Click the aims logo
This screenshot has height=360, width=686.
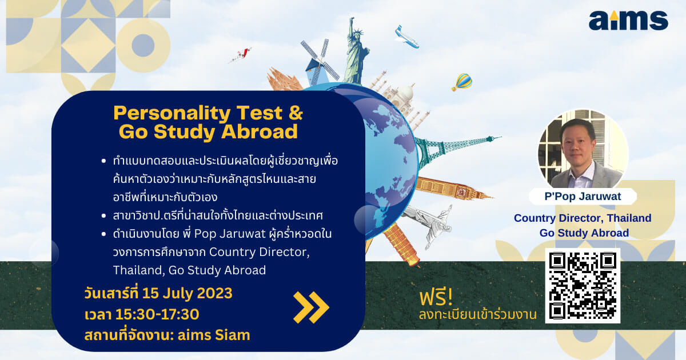point(628,21)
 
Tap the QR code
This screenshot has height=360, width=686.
point(583,286)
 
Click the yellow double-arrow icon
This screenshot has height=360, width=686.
point(311,307)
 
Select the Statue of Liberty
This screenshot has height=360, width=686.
point(356,51)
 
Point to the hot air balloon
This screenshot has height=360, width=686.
point(462,82)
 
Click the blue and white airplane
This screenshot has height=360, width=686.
point(406,37)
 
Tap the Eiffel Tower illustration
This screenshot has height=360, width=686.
point(456,149)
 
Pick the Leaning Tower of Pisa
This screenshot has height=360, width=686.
point(401,244)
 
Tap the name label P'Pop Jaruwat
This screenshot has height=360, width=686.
point(583,196)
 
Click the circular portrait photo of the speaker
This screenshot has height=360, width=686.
point(583,149)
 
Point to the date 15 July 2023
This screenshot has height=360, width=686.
point(187,293)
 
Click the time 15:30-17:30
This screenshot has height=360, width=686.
point(157,314)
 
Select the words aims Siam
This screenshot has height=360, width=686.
point(214,335)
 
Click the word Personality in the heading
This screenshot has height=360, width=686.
point(172,114)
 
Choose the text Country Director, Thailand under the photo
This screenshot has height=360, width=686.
point(583,218)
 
